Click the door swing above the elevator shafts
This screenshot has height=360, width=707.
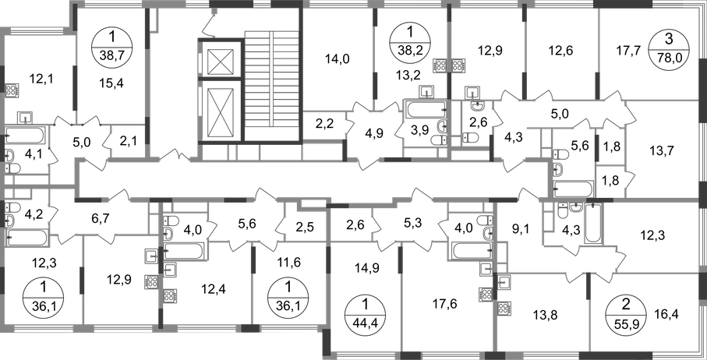pyautogui.click(x=207, y=26)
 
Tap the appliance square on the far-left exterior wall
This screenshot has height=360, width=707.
pyautogui.click(x=12, y=90)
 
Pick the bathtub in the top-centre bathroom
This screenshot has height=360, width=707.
pyautogui.click(x=423, y=114)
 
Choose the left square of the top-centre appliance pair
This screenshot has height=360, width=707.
pyautogui.click(x=444, y=65)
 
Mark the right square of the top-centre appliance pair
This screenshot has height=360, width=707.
pyautogui.click(x=459, y=65)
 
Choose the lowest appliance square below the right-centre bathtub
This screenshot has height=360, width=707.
pyautogui.click(x=485, y=295)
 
